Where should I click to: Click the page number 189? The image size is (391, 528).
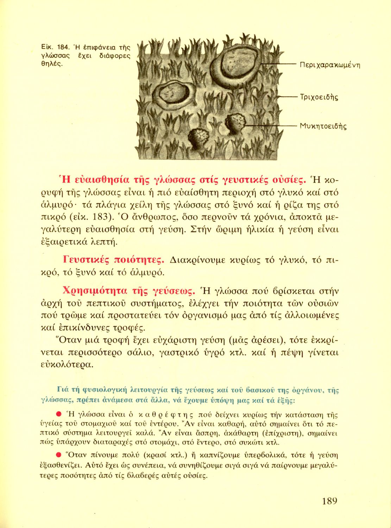click(329, 501)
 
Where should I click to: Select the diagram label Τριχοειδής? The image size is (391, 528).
click(319, 97)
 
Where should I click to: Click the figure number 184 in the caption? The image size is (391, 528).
click(62, 47)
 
